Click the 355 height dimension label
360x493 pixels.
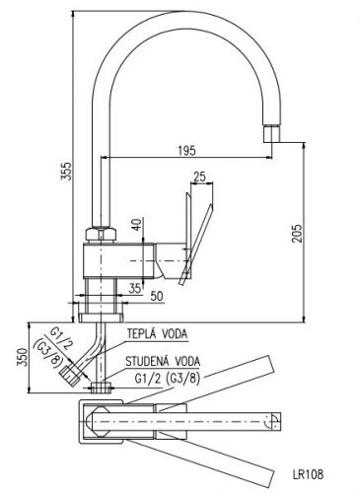67,171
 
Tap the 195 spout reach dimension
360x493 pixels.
186,151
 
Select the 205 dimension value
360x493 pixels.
297,234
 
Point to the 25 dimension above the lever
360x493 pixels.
199,176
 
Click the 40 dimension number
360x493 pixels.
137,224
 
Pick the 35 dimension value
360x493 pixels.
135,288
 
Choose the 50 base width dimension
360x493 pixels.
157,296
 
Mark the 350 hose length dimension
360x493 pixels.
23,357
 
